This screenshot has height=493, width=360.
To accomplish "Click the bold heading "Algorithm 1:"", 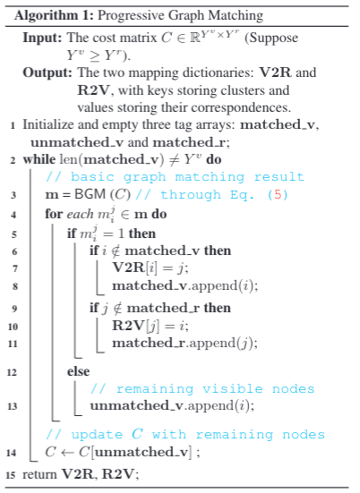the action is (x=54, y=15).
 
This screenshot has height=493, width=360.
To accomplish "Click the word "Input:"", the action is (x=42, y=38).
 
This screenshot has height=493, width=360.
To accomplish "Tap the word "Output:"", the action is (x=47, y=72).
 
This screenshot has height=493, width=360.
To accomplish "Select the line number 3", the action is (x=13, y=195).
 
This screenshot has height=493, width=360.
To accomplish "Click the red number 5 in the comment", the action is (x=278, y=195).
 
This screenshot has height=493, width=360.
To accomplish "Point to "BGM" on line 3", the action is (x=90, y=194).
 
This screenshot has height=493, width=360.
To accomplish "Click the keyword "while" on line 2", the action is (x=39, y=159).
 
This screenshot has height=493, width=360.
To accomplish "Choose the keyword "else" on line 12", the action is (x=78, y=371).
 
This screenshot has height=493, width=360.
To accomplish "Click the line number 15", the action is (x=11, y=474).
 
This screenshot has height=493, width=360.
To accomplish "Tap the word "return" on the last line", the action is (x=39, y=474).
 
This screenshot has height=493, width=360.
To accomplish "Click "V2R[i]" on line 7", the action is (x=134, y=268).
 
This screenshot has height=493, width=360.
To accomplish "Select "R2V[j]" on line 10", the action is (x=135, y=326).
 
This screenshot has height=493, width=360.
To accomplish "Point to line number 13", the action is (x=12, y=406).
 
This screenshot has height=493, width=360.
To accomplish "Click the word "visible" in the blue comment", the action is (x=232, y=389).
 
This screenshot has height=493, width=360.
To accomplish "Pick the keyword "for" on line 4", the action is (x=54, y=214).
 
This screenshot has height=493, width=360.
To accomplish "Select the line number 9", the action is (x=14, y=309).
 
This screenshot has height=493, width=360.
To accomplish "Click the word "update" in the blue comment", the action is (x=98, y=435).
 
